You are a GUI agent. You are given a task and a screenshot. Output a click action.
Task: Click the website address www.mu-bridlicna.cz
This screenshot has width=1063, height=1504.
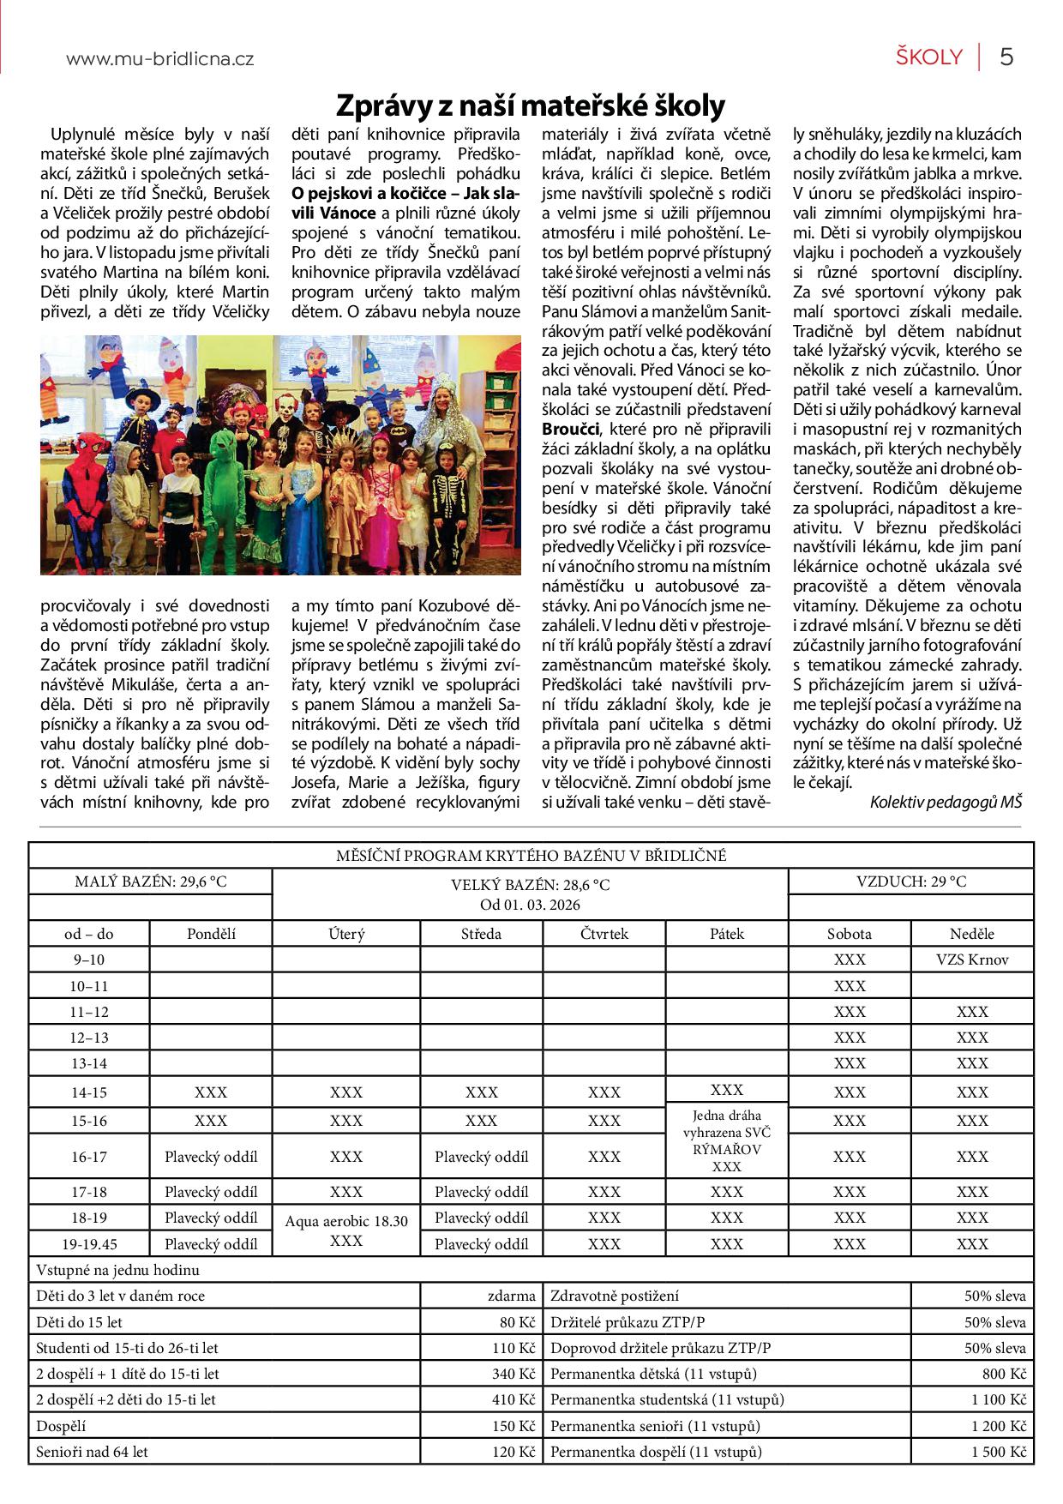click(x=159, y=59)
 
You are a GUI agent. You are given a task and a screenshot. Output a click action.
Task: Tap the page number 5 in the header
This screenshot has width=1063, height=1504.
click(x=1006, y=57)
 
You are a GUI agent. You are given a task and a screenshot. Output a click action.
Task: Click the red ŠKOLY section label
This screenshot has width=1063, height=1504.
click(x=929, y=57)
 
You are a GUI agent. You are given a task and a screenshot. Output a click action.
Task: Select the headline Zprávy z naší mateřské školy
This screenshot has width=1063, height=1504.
click(x=530, y=105)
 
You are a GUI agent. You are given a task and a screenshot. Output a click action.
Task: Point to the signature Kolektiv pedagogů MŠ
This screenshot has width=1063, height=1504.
click(x=946, y=802)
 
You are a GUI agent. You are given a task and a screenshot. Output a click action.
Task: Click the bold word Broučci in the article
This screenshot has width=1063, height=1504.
click(x=571, y=429)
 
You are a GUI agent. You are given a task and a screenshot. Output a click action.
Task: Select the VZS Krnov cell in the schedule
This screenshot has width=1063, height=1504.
click(x=972, y=960)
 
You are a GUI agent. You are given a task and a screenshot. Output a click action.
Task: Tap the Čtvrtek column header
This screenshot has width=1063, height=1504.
click(x=604, y=934)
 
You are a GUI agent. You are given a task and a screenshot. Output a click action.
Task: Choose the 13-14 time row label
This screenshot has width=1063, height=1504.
click(x=89, y=1063)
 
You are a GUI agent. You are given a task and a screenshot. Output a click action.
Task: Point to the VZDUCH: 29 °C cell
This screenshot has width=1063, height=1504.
click(x=910, y=881)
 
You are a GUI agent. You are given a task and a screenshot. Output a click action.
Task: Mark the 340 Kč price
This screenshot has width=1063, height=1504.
click(x=513, y=1374)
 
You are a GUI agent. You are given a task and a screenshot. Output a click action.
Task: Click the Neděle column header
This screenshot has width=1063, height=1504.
click(x=972, y=934)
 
